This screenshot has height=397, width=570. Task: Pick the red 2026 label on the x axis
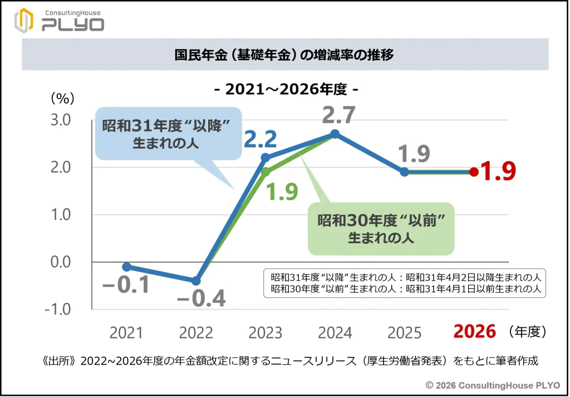coord(474,331)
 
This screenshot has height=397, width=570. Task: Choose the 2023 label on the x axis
coord(266,333)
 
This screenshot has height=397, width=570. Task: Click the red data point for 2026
coord(474,172)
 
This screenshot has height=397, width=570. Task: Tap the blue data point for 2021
coord(126,267)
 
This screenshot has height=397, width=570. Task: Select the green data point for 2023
coord(266,172)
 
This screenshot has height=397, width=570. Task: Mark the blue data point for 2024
coord(335,134)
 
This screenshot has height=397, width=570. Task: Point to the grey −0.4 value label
coord(201,299)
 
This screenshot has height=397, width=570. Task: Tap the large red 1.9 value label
coord(498,172)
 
